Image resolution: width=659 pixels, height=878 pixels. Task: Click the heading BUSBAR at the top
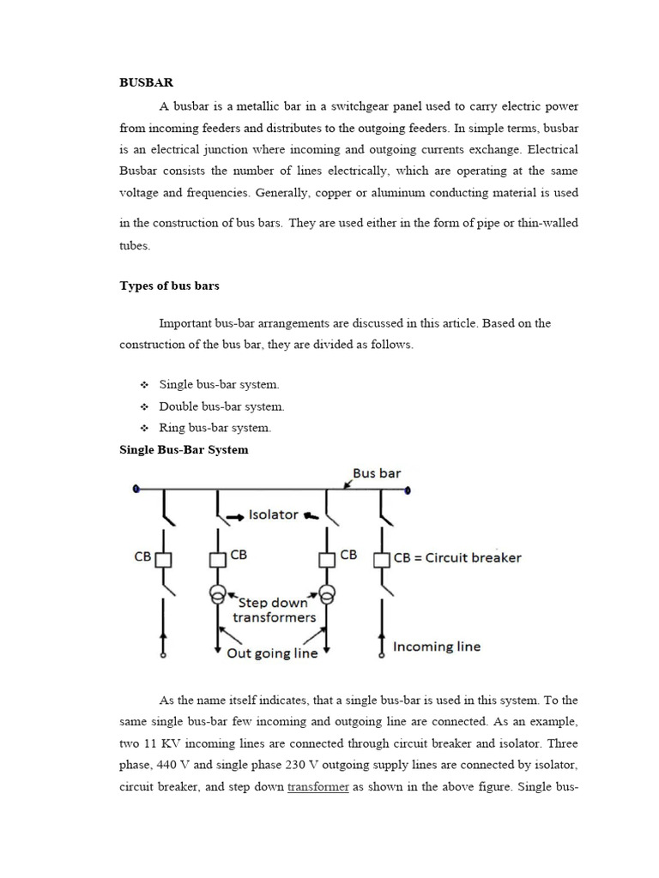[146, 83]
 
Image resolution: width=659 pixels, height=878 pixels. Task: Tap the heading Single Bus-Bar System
[184, 449]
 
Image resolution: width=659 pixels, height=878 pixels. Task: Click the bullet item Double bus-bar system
[221, 406]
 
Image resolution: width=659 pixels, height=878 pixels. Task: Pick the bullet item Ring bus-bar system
[215, 428]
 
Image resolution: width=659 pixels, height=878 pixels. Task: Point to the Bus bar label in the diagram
[377, 473]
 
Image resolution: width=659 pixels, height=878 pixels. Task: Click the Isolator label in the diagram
[273, 514]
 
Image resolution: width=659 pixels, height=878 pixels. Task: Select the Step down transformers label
[274, 610]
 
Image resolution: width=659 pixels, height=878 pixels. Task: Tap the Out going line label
[272, 653]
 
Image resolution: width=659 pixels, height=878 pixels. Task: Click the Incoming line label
[437, 646]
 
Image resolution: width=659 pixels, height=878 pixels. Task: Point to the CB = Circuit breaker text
[457, 557]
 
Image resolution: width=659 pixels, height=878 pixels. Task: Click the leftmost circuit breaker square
[164, 559]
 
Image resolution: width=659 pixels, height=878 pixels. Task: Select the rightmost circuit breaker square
[382, 559]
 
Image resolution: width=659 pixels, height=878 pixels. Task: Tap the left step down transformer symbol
[218, 594]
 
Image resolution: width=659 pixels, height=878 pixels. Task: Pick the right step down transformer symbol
[326, 594]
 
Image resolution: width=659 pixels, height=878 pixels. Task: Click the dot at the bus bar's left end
[136, 490]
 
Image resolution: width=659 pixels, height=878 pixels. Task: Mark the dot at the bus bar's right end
[408, 490]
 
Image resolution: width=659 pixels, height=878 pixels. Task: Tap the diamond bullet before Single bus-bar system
[144, 385]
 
